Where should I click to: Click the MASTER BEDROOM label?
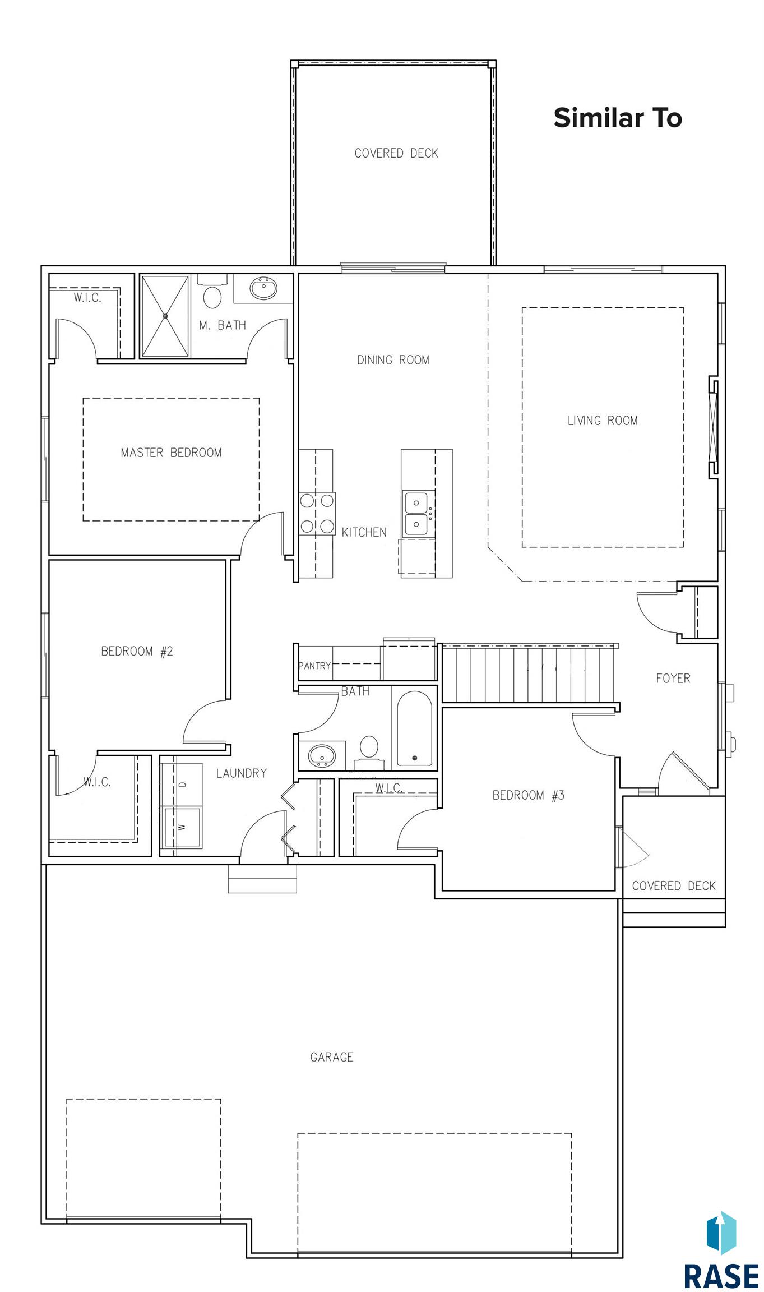coord(171,453)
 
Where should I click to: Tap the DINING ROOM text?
coord(393,360)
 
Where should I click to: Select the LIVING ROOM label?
coord(603,421)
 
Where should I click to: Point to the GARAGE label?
coord(332,1057)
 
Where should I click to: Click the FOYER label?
coord(673,679)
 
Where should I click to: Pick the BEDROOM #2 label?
coord(137,651)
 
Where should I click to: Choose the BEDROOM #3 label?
coord(528,795)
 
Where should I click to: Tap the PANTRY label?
coord(314,666)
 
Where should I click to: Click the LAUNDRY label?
coord(242,773)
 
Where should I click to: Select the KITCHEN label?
coord(364,532)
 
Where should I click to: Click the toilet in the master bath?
coord(212,292)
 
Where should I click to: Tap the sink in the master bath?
coord(263,288)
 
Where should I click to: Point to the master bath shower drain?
coord(165,316)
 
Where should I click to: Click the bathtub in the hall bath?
coord(415,728)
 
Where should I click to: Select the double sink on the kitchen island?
coord(417,513)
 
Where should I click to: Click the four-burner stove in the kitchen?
coord(317,513)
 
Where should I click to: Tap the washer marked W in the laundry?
coord(181,827)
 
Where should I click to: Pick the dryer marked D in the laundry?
coord(181,784)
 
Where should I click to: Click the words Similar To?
coord(618,118)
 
